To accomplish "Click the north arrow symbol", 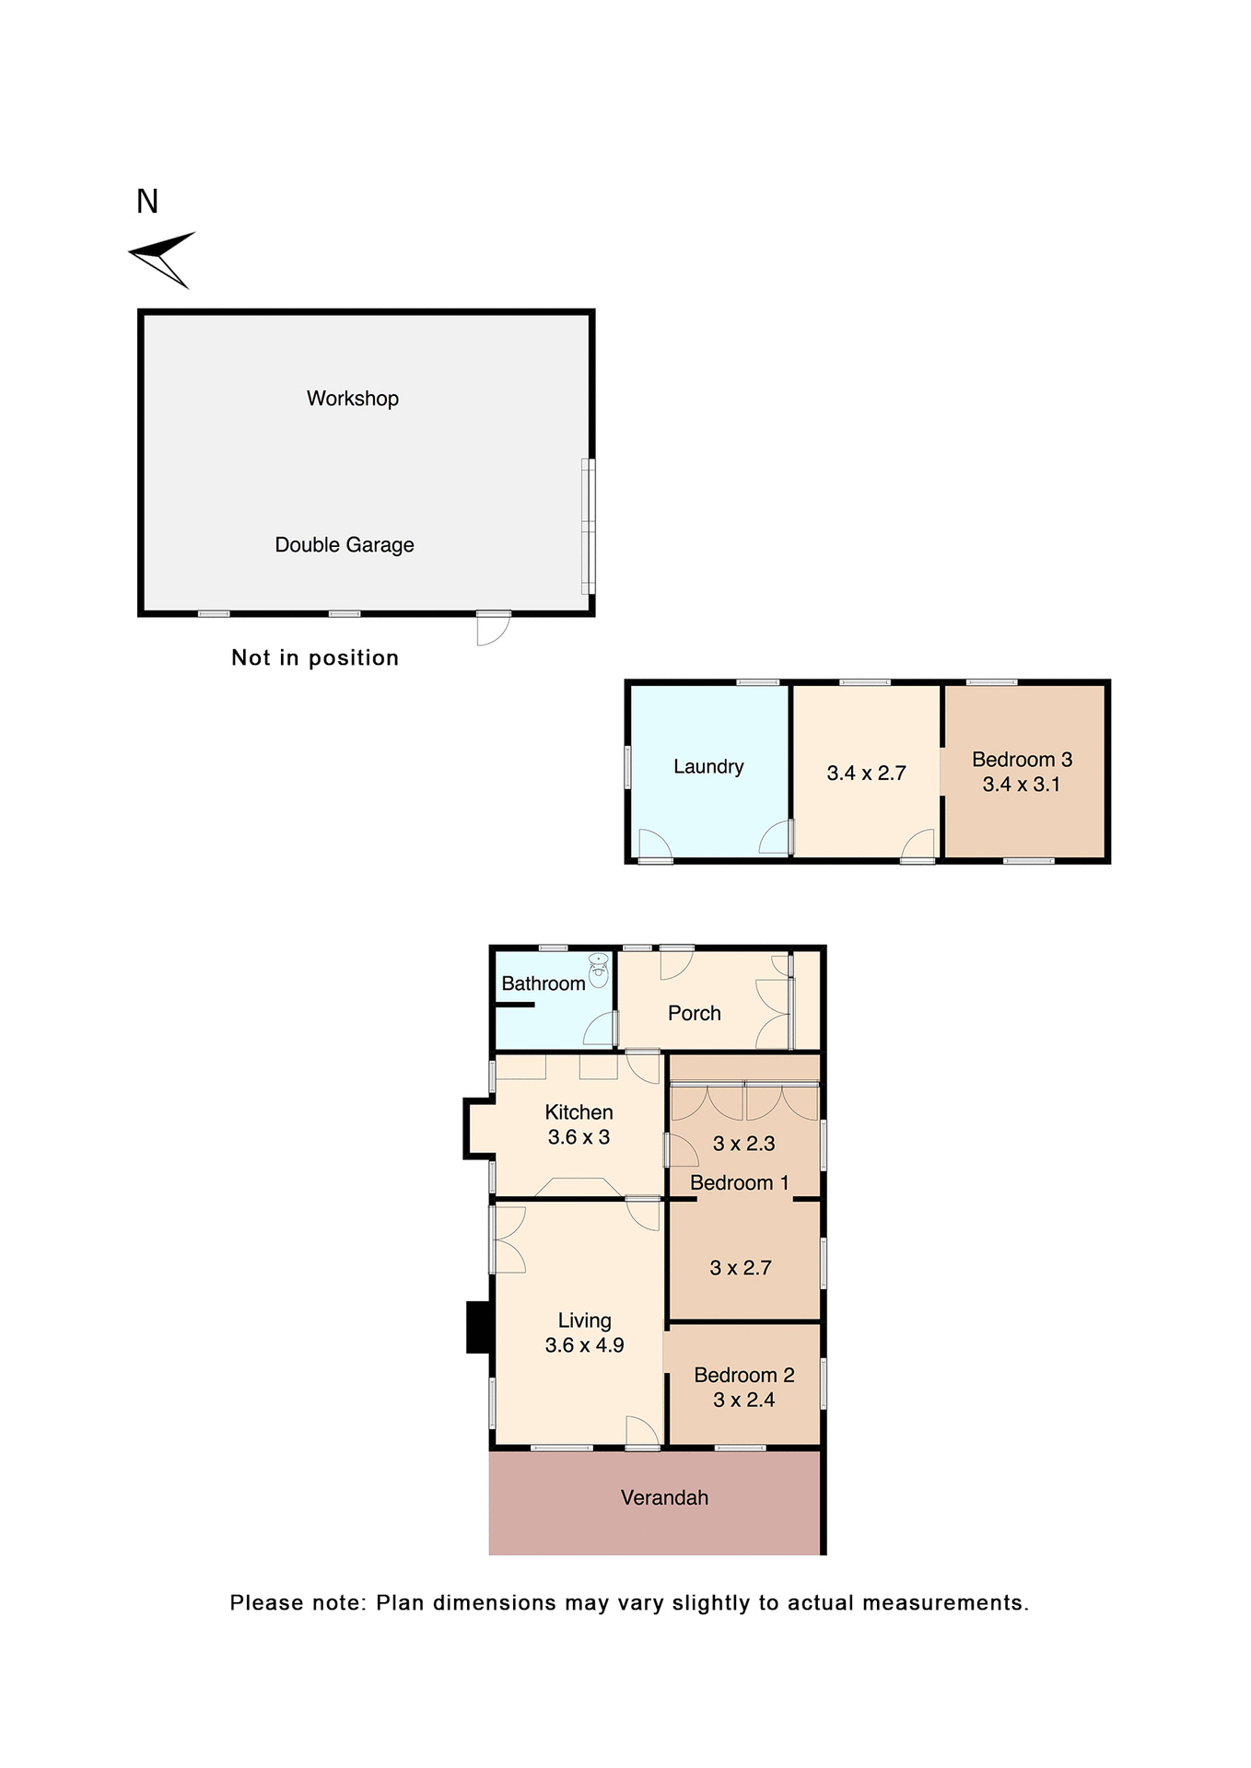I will coord(162,259).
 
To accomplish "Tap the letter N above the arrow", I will coord(147,202).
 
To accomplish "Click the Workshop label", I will coord(353,399).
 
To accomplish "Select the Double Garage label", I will coord(345,545).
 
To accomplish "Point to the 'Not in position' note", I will coord(315,657).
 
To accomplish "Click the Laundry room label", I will coord(708,767).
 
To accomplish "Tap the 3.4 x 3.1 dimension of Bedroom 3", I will coord(1022,785).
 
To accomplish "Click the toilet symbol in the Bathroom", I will coord(599,971).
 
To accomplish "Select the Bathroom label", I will coord(544,983).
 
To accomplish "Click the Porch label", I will coord(695,1013).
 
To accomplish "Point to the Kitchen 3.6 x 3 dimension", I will coord(579,1137).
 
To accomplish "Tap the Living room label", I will coord(584,1320).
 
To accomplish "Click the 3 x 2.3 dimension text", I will coord(744,1144).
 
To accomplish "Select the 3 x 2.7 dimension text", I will coord(741,1268).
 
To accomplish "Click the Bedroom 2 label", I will coord(744,1375).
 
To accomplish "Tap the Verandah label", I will coord(664,1498).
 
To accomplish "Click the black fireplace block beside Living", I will coord(479,1327).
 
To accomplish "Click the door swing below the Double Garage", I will coord(491,630).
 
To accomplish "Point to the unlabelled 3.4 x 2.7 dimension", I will coord(867,773).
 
